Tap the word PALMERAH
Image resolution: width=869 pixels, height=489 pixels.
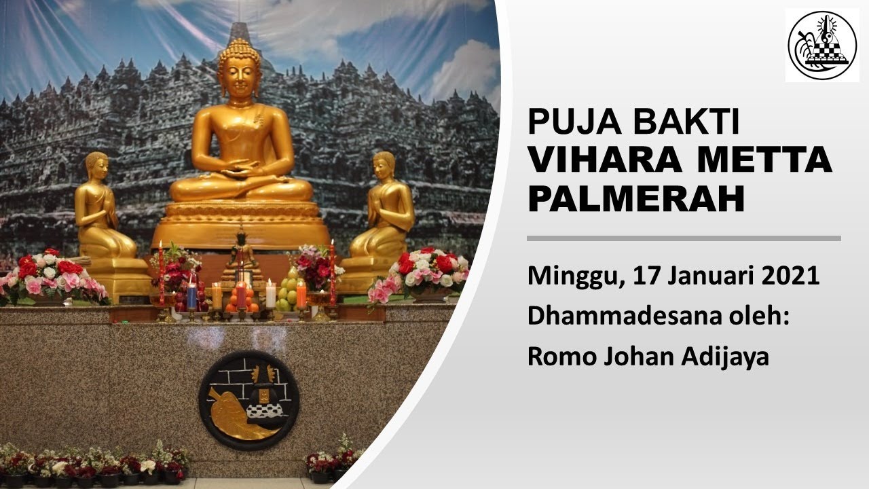tap(636, 199)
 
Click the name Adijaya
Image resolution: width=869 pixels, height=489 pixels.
tap(725, 357)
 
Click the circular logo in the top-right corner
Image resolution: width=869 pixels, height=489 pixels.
tap(821, 46)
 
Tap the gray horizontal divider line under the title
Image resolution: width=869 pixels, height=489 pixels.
tap(684, 238)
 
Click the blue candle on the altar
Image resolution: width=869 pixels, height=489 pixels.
tap(191, 297)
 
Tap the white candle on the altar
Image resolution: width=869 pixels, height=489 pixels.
tap(270, 295)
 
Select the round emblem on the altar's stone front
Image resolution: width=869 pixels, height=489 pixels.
tap(248, 400)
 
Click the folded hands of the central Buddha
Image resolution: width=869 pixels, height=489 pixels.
tap(240, 170)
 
